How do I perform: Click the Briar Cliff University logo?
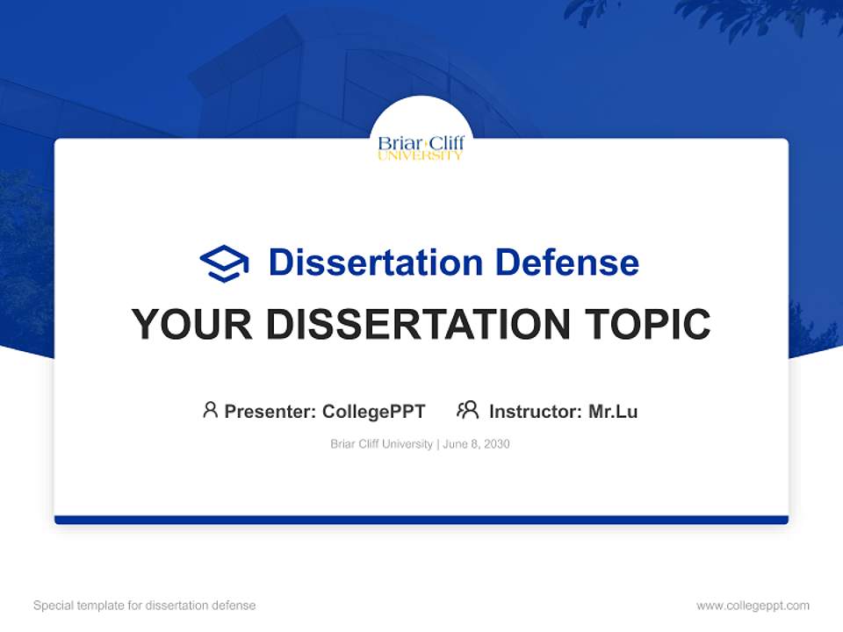point(421,147)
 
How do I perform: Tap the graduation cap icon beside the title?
point(224,263)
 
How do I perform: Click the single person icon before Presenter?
point(210,410)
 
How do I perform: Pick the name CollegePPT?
point(373,411)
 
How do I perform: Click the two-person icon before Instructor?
point(467,410)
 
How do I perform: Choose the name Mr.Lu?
point(613,411)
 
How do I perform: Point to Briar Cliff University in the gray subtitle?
point(381,444)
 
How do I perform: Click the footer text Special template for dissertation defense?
point(144,605)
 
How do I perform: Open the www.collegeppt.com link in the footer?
point(753,605)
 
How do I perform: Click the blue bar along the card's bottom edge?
point(421,520)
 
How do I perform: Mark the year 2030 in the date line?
point(496,444)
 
